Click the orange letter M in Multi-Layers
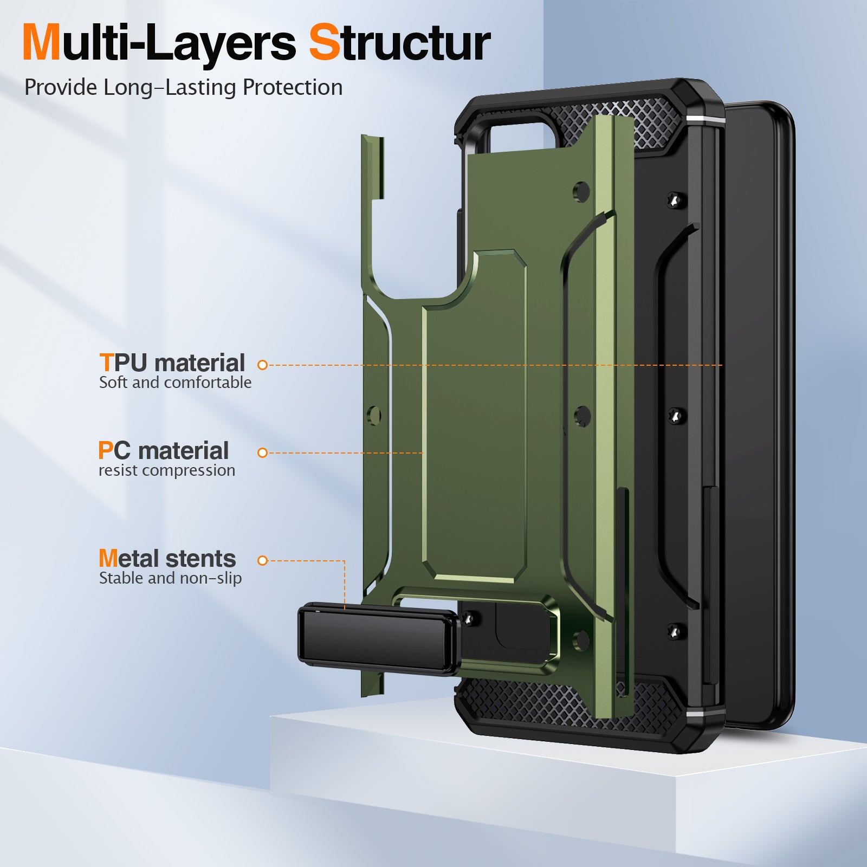pos(41,43)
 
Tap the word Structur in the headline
pos(399,43)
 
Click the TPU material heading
pos(172,363)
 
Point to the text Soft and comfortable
pos(175,383)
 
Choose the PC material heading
pos(164,450)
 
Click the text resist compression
pos(167,470)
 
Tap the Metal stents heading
pos(167,558)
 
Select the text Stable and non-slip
pos(170,578)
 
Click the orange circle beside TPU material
pos(263,365)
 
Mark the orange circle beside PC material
pos(263,452)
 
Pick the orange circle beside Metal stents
pos(263,561)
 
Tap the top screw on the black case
pos(674,200)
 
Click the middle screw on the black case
pos(675,416)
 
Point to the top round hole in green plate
pos(581,192)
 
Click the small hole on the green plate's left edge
pos(374,416)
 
